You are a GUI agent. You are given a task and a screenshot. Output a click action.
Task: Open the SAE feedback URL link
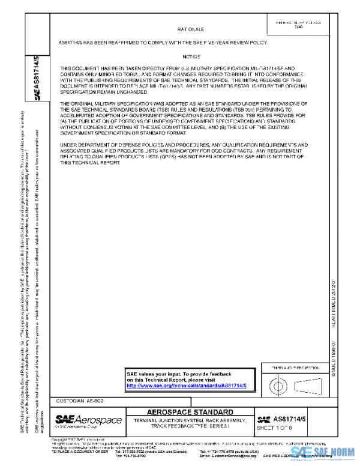point(191,386)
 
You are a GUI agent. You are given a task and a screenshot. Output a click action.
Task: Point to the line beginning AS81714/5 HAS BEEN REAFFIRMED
point(162,43)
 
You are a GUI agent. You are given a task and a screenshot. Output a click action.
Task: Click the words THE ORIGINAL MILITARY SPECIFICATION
point(108,104)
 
